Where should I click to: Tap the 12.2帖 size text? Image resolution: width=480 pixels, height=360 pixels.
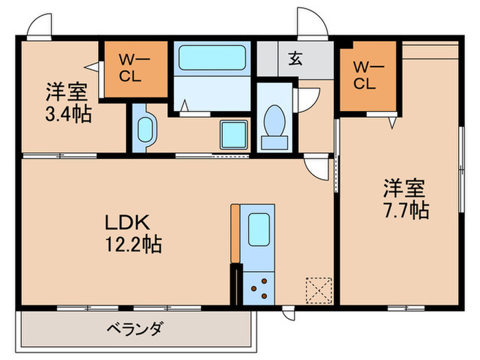pyautogui.click(x=132, y=243)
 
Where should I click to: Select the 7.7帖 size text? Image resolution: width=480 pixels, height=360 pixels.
pyautogui.click(x=405, y=209)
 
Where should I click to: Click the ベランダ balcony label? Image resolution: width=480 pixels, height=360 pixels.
pyautogui.click(x=134, y=330)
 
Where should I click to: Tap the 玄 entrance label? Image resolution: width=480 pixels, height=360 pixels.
pyautogui.click(x=295, y=59)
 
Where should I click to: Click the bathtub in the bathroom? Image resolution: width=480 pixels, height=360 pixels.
pyautogui.click(x=213, y=58)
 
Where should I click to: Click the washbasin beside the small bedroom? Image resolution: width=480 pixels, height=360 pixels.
pyautogui.click(x=145, y=128)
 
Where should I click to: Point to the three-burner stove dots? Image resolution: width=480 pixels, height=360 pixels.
pyautogui.click(x=261, y=287)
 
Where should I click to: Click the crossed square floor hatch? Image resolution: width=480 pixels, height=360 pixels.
pyautogui.click(x=318, y=289)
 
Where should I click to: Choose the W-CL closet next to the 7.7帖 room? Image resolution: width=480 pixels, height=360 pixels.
pyautogui.click(x=368, y=76)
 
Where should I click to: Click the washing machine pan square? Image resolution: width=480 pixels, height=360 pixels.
pyautogui.click(x=233, y=133)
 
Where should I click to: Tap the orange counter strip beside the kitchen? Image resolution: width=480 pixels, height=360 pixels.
pyautogui.click(x=236, y=233)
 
